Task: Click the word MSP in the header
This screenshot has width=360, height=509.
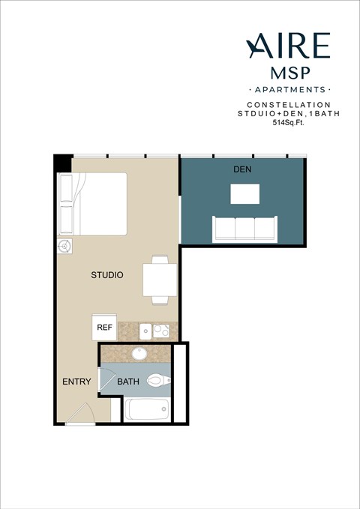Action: click(x=289, y=73)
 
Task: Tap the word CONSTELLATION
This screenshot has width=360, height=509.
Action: click(x=289, y=104)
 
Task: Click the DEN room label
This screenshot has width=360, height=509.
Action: click(x=241, y=169)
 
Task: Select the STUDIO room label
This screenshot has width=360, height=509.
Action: click(x=107, y=275)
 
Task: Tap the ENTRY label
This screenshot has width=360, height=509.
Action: click(x=76, y=382)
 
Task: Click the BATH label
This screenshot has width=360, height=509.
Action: click(x=127, y=382)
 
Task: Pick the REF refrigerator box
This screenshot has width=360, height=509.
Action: click(x=103, y=328)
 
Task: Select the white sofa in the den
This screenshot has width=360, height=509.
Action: click(x=243, y=229)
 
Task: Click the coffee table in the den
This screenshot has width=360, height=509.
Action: click(x=244, y=194)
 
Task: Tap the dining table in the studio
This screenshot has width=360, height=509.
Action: click(x=160, y=280)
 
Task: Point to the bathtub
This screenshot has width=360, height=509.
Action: click(x=148, y=410)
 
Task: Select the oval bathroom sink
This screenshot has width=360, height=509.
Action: click(x=139, y=353)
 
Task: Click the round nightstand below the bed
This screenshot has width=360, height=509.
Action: click(x=64, y=246)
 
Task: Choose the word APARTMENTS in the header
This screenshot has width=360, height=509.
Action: click(x=289, y=89)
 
